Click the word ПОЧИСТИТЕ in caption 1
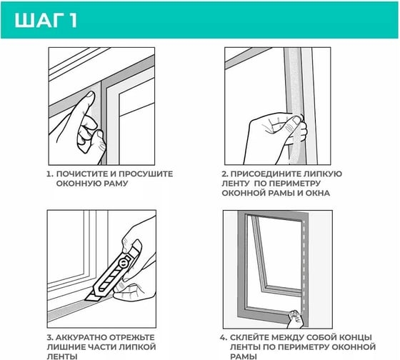pyautogui.click(x=82, y=174)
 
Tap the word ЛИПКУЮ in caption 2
pyautogui.click(x=323, y=174)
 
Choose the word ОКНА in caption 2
pyautogui.click(x=318, y=193)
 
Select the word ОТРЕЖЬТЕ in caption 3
pyautogui.click(x=131, y=337)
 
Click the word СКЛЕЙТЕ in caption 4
pyautogui.click(x=249, y=337)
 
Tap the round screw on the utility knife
pyautogui.click(x=124, y=263)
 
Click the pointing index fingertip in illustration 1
pyautogui.click(x=90, y=96)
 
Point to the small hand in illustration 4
pyautogui.click(x=296, y=319)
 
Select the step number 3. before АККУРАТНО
pyautogui.click(x=50, y=337)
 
